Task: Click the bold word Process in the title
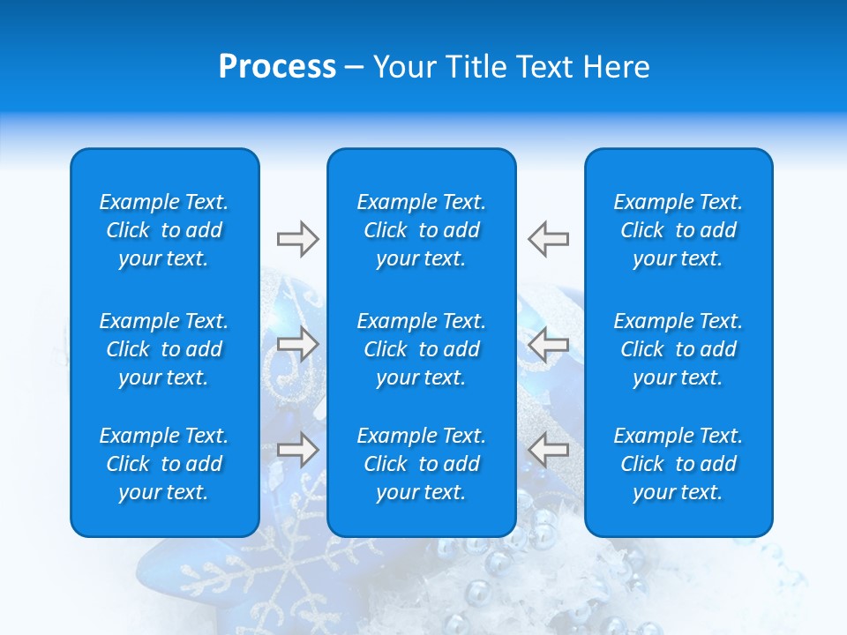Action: (x=277, y=67)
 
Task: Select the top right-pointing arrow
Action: (x=297, y=239)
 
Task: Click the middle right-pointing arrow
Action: (x=297, y=344)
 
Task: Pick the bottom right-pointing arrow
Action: (x=297, y=449)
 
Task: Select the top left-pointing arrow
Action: (x=548, y=239)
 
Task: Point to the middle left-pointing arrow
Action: (x=548, y=344)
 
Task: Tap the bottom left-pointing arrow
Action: (x=548, y=449)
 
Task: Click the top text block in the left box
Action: (x=164, y=230)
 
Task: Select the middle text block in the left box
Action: (x=164, y=349)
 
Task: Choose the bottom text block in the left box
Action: (x=164, y=464)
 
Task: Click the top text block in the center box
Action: (x=421, y=230)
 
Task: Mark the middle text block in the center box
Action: (x=421, y=349)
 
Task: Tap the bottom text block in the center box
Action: (x=421, y=464)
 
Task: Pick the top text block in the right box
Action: (x=678, y=230)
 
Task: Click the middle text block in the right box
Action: (x=678, y=349)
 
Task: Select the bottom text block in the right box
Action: (x=678, y=464)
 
